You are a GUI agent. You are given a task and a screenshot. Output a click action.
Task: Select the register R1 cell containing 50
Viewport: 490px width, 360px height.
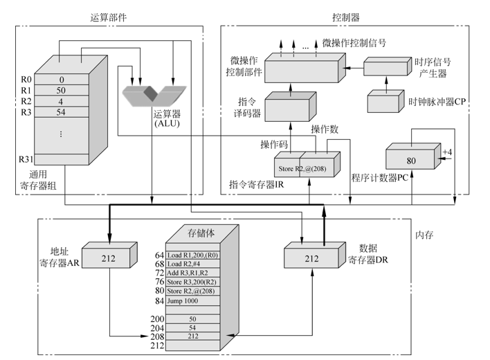point(61,91)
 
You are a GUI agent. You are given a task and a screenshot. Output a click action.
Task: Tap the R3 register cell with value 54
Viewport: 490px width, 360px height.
point(61,112)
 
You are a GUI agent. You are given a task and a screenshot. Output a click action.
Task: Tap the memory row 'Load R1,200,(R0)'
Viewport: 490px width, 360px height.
point(193,255)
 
